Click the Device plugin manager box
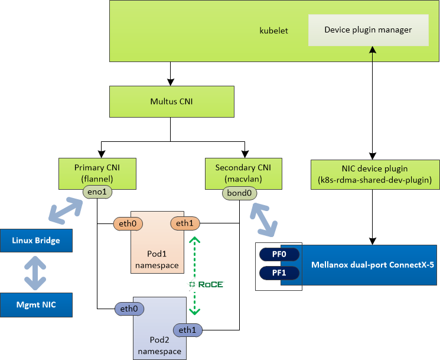tap(368, 30)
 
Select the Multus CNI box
tap(171, 101)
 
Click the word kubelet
tap(273, 30)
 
